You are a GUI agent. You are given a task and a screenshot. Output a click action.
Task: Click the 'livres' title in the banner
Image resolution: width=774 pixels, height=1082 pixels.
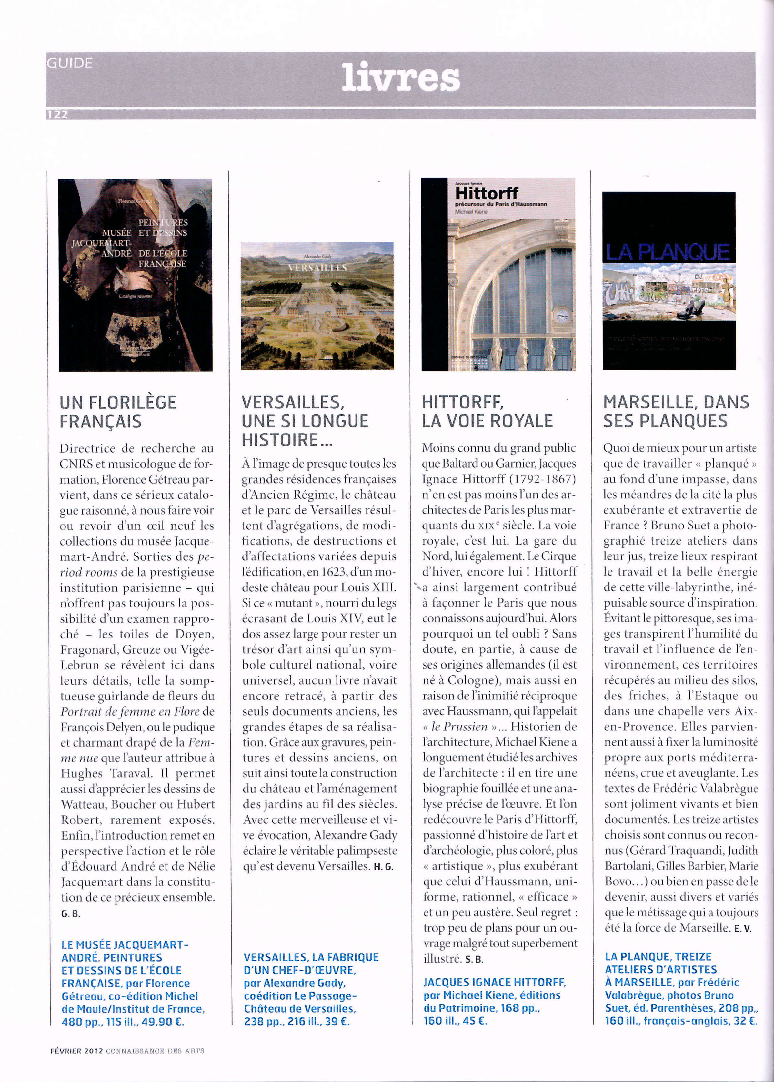[x=400, y=79]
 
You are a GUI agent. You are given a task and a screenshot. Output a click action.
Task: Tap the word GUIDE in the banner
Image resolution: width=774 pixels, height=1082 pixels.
[x=70, y=63]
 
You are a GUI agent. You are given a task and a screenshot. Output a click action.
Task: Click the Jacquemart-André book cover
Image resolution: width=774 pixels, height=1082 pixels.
[x=136, y=275]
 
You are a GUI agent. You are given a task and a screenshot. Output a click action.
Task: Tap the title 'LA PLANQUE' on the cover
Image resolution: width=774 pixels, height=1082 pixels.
[x=667, y=252]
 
